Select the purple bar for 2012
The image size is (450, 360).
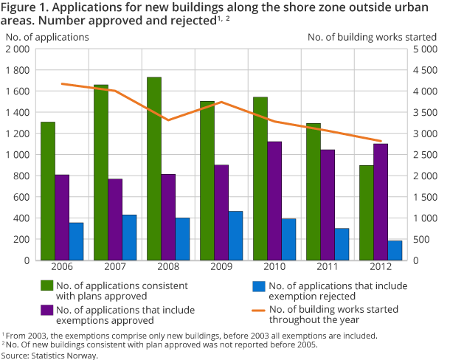coord(380,201)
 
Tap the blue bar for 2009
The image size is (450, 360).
coord(236,235)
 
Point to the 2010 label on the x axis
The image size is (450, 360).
coord(274,267)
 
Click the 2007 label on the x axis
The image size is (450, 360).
coord(115,267)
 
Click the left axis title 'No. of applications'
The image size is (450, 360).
coord(47,36)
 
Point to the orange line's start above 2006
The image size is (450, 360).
coord(62,83)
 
